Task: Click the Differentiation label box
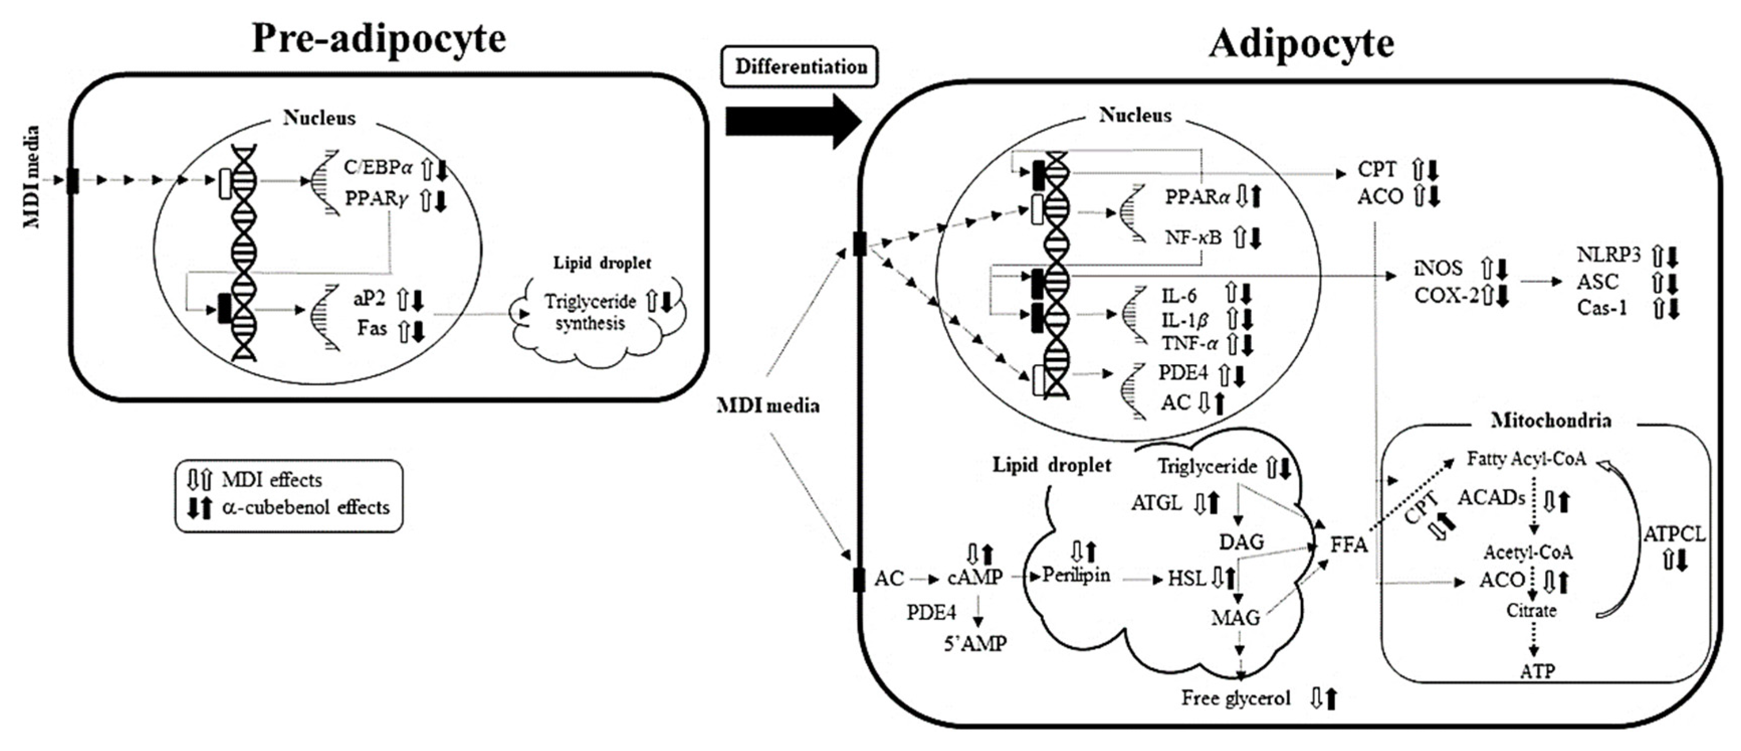click(800, 67)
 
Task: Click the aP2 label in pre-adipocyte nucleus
click(369, 298)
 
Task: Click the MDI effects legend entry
click(272, 480)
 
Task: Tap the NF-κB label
click(1193, 237)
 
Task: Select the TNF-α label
click(1189, 344)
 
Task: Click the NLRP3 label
click(1608, 255)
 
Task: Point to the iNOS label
click(1438, 268)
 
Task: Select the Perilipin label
click(1076, 575)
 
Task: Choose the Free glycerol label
click(1236, 698)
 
